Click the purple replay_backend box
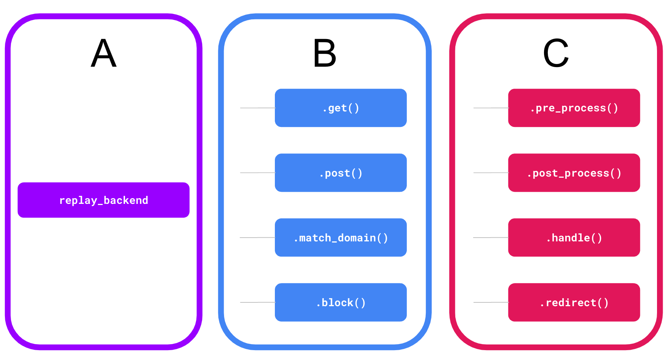103,200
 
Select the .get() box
340,108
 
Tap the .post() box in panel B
340,173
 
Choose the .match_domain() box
340,238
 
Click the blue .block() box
340,302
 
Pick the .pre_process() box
574,108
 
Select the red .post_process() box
574,173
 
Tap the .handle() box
574,238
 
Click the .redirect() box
574,302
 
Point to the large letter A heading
103,53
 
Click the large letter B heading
325,53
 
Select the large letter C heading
556,53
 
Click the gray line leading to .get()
257,108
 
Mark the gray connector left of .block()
257,302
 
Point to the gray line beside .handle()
491,238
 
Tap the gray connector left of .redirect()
491,302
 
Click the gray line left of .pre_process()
491,108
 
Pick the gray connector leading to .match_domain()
257,238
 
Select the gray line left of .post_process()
491,173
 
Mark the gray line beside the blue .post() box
257,173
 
